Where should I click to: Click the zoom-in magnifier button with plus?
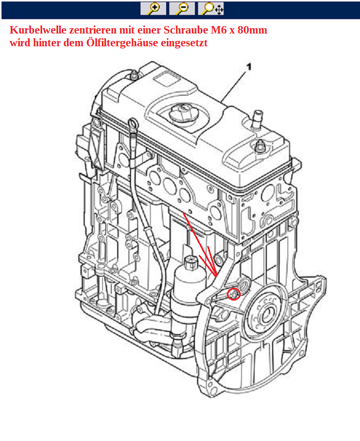pyautogui.click(x=153, y=8)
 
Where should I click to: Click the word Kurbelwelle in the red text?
pyautogui.click(x=37, y=30)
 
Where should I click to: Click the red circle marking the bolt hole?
pyautogui.click(x=233, y=294)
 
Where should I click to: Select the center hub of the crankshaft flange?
pyautogui.click(x=265, y=314)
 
